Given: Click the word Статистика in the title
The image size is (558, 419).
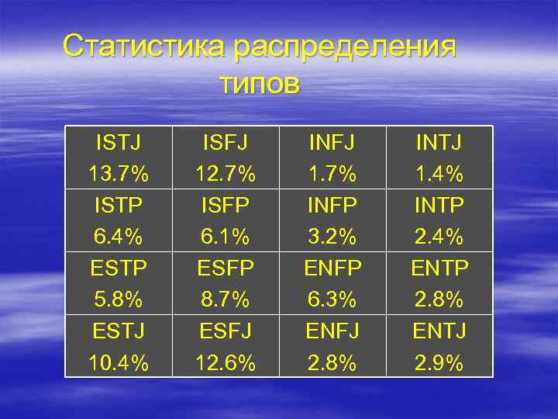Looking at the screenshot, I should click(x=144, y=46).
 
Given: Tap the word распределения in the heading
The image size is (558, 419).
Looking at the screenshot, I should click(x=345, y=47).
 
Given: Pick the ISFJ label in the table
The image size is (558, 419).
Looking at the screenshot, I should click(x=226, y=143).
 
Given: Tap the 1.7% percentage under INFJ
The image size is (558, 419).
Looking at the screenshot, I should click(x=333, y=175).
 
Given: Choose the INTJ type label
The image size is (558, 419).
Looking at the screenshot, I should click(x=439, y=143).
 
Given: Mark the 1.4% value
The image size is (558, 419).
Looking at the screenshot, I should click(x=439, y=175).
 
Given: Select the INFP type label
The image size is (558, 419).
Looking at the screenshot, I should click(x=333, y=206).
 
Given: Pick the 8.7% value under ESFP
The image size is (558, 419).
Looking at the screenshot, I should click(x=226, y=300).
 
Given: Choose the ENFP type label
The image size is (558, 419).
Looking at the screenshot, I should click(x=333, y=268).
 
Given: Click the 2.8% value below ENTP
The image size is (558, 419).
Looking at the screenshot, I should click(x=439, y=300).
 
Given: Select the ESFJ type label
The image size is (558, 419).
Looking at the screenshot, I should click(x=226, y=331).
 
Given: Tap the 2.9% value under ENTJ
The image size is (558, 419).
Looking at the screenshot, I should click(x=439, y=362).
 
